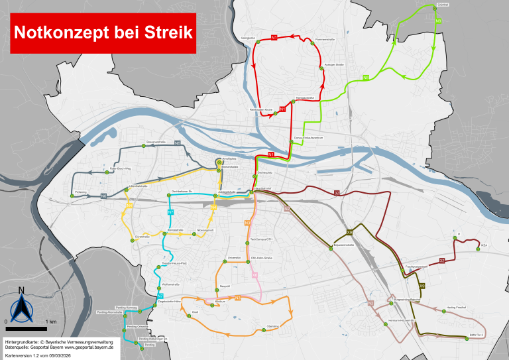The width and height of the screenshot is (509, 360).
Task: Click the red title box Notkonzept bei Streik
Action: point(102,32)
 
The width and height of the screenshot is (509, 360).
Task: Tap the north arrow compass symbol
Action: point(22,306)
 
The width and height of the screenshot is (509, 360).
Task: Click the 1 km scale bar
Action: point(26,328)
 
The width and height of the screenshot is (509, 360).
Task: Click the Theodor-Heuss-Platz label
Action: point(176,263)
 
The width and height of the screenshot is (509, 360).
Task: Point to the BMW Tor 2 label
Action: point(477,335)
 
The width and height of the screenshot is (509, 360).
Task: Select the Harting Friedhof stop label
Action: point(457,308)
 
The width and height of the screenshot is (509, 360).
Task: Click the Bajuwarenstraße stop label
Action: point(344,245)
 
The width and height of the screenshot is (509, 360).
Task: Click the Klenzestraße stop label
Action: point(175,230)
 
